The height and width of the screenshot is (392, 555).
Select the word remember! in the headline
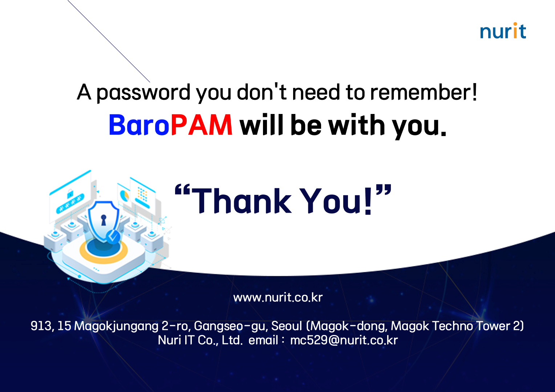(424, 92)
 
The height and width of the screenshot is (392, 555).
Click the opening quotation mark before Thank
(182, 190)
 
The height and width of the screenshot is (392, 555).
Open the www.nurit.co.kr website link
(278, 297)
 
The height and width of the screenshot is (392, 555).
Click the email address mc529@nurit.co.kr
(344, 340)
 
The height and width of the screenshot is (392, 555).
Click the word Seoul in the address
(287, 326)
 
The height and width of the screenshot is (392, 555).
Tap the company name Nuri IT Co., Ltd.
(200, 340)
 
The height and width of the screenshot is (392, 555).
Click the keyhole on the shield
(104, 220)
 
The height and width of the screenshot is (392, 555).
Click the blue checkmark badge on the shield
(113, 237)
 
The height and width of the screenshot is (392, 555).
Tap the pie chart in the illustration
(124, 195)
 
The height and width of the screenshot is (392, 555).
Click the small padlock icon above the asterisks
(70, 194)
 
